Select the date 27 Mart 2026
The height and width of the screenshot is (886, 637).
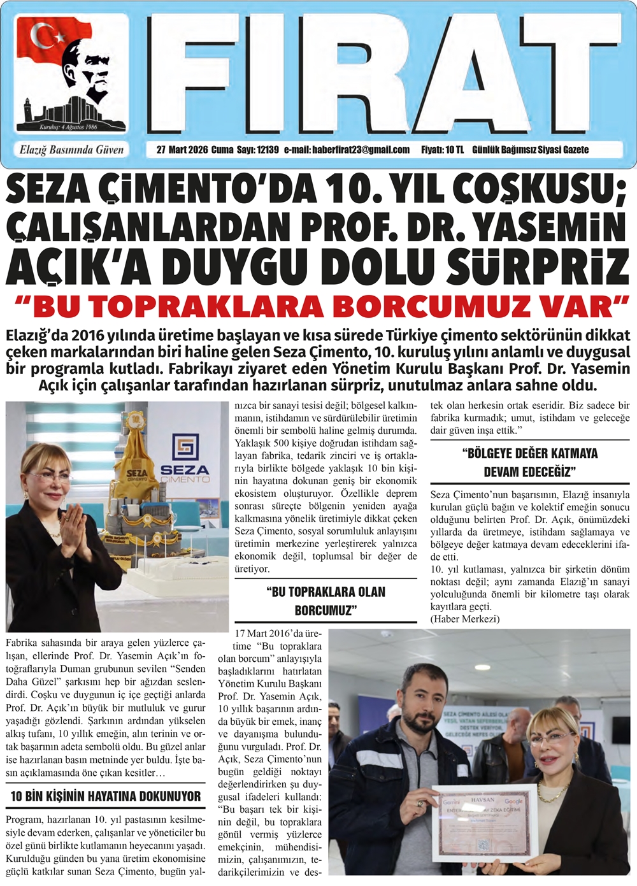tap(182, 150)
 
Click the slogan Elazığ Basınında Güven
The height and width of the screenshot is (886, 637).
tap(71, 150)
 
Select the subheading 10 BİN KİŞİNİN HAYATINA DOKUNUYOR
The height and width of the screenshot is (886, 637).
tap(105, 796)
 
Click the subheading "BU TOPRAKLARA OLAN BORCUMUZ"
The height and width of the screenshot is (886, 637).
tap(326, 601)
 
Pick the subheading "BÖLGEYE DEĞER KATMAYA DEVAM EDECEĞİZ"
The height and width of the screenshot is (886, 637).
tap(530, 462)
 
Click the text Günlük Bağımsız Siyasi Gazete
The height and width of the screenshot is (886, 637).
tap(530, 150)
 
